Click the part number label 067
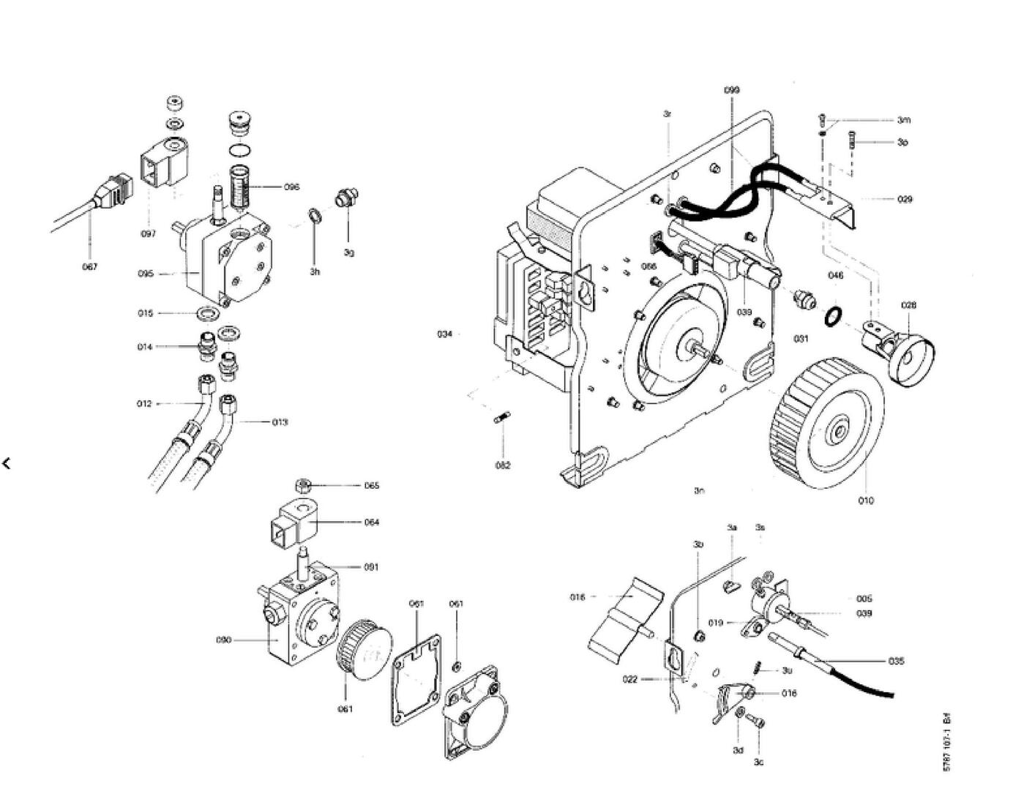89,267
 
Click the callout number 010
866,501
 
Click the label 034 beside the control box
445,334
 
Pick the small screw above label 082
502,419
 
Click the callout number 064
372,522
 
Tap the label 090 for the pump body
223,640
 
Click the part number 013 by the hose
280,422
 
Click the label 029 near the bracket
905,199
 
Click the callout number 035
897,661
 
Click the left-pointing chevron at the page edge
7,463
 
